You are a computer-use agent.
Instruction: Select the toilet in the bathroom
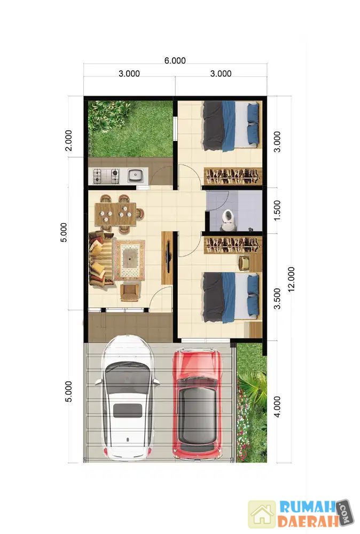pos(228,220)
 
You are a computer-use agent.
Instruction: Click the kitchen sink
pos(135,176)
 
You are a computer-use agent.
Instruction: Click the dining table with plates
pos(115,214)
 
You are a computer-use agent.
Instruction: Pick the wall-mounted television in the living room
pos(169,257)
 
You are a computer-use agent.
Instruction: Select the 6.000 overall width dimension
pos(175,61)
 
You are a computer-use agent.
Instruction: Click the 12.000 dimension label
pos(292,279)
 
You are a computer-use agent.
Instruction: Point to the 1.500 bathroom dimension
pos(277,210)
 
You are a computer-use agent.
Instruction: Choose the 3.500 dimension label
pos(278,299)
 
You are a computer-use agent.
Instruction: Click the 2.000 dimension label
pos(69,140)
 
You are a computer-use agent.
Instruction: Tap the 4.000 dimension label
pos(277,406)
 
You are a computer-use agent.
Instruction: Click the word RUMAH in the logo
pos(306,507)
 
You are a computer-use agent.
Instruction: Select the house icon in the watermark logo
pos(262,514)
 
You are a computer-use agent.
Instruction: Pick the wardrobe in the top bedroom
pos(233,176)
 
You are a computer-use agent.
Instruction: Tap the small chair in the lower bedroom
pos(244,263)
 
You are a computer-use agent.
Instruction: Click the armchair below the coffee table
pos(130,293)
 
